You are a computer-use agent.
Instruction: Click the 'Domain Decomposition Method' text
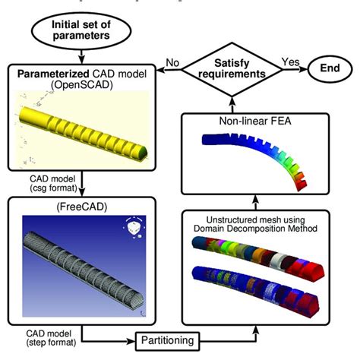pyautogui.click(x=269, y=229)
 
